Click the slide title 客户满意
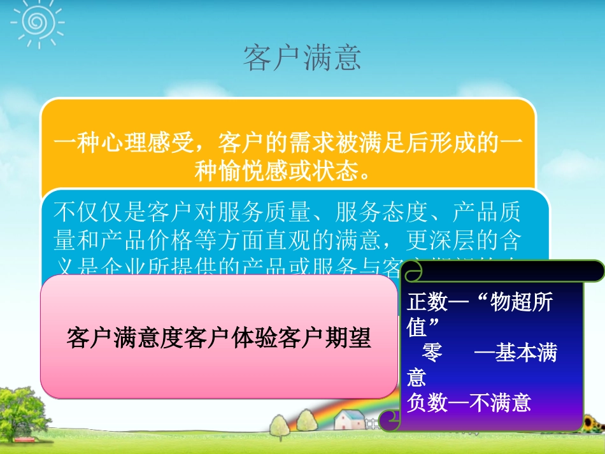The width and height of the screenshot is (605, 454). [302, 58]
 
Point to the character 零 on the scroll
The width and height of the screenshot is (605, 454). [432, 353]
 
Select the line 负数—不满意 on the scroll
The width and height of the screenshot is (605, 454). [469, 403]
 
